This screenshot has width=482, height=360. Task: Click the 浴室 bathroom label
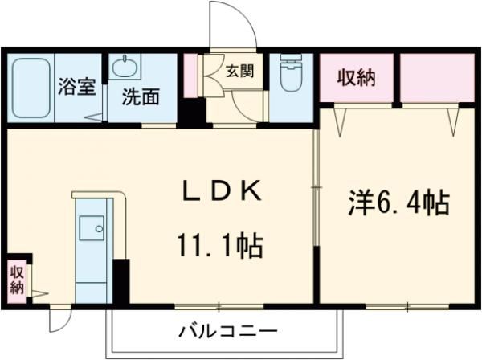(x=76, y=87)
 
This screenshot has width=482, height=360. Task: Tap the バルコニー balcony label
(x=228, y=330)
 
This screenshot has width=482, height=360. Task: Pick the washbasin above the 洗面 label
(x=125, y=67)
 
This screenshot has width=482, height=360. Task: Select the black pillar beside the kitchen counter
(x=120, y=281)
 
